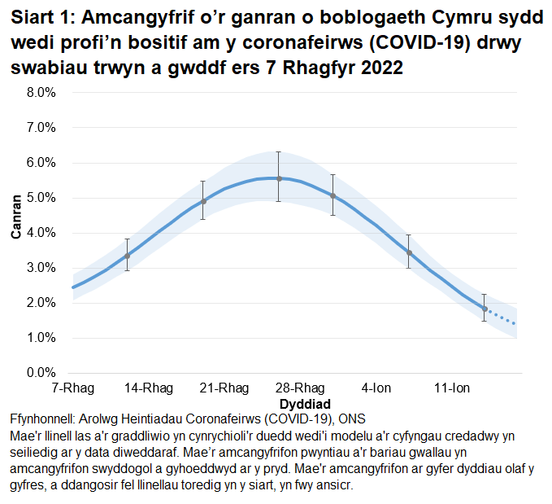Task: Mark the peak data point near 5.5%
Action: tap(279, 178)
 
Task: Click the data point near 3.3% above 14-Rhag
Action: tap(127, 256)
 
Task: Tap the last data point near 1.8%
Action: tap(485, 309)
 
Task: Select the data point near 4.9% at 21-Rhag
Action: tap(203, 201)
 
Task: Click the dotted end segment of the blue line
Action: tap(502, 318)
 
